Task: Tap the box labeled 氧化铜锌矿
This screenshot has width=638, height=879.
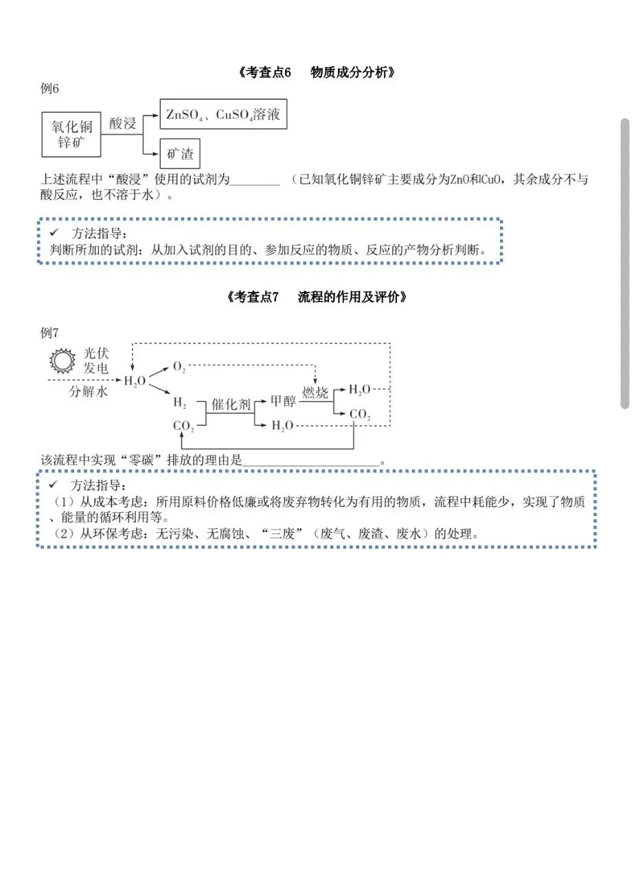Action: point(71,135)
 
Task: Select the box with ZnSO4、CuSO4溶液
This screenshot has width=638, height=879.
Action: point(223,115)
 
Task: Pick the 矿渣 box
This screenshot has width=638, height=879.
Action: point(180,154)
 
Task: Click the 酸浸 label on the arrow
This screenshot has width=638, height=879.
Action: point(124,124)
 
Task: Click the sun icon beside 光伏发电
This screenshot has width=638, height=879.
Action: point(62,361)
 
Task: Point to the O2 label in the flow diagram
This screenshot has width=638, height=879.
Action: point(179,367)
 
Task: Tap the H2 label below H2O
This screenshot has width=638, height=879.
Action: point(180,402)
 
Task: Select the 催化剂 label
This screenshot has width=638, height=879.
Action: point(231,404)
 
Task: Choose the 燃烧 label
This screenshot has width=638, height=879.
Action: point(315,393)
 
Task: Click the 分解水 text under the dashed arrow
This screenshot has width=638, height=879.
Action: point(88,392)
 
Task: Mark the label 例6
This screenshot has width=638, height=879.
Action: point(50,89)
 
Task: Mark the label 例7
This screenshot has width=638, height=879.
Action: point(50,333)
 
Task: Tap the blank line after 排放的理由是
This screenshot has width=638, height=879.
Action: point(311,461)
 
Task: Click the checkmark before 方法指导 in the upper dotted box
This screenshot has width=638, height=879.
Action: point(54,233)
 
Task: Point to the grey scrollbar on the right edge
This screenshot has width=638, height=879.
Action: point(624,264)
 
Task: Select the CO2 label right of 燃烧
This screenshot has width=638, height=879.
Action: point(360,414)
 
